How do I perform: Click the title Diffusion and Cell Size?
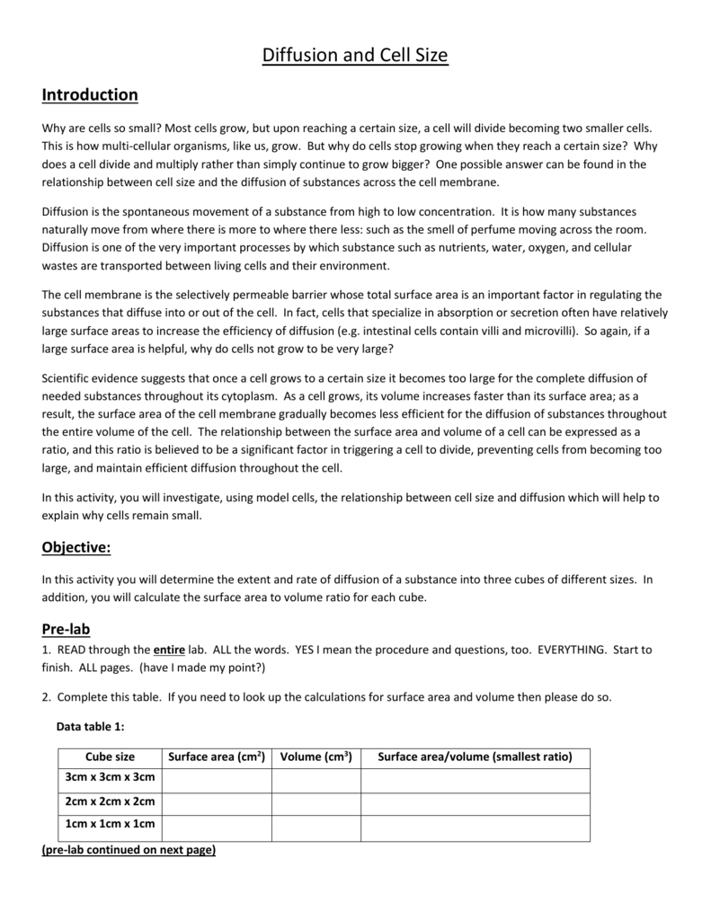(x=354, y=56)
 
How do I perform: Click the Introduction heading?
(x=90, y=94)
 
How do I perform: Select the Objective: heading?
(x=76, y=548)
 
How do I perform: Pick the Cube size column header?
(x=110, y=756)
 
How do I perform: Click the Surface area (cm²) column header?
(x=216, y=756)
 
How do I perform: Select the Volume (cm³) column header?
(x=316, y=756)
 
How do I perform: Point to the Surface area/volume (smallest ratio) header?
(x=475, y=756)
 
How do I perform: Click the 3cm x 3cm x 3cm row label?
(x=110, y=777)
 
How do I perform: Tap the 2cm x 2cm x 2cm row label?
(x=110, y=801)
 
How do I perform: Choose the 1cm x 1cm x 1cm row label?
(x=110, y=824)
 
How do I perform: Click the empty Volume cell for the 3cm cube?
(x=316, y=779)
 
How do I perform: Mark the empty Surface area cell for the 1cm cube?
(x=216, y=826)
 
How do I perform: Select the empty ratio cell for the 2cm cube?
(x=475, y=802)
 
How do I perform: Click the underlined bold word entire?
(x=169, y=650)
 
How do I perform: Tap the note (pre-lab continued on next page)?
(x=129, y=850)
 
